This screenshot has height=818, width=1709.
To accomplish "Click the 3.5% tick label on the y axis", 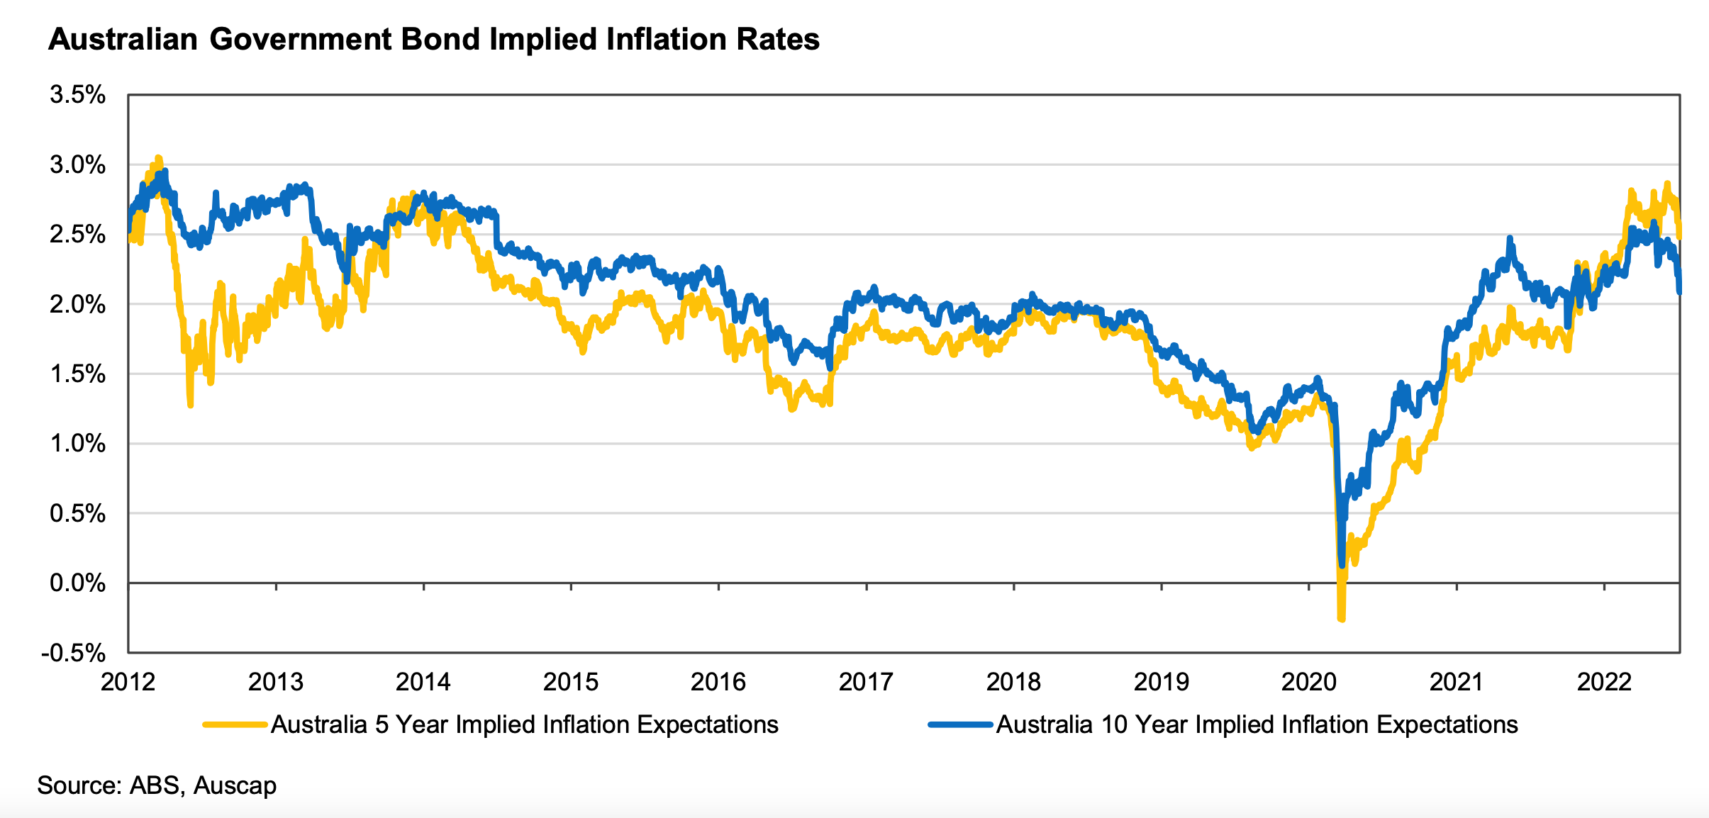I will (x=77, y=95).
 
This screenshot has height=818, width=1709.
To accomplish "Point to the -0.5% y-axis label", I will (x=74, y=653).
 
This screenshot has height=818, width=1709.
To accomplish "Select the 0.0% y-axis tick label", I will (x=77, y=583).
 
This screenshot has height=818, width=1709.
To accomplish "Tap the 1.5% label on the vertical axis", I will (x=77, y=374).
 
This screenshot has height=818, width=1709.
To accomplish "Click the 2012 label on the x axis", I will (x=128, y=682).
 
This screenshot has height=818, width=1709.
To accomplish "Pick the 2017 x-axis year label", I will (x=866, y=682).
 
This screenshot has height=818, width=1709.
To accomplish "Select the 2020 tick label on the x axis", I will (x=1308, y=682).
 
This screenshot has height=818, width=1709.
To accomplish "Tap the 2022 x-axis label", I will (x=1604, y=682).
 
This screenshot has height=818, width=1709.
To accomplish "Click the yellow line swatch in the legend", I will (x=235, y=724).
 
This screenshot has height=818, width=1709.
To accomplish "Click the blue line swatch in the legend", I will (x=960, y=724).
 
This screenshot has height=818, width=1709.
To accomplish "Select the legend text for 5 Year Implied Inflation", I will (x=525, y=724).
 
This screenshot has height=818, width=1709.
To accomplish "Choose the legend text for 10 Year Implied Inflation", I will (x=1257, y=724).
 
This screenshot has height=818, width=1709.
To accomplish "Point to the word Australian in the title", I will (x=123, y=40).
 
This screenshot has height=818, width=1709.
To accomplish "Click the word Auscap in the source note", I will (x=235, y=785).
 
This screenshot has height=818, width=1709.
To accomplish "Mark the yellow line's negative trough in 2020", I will (x=1341, y=620).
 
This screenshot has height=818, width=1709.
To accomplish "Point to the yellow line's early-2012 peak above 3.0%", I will (x=158, y=157).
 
